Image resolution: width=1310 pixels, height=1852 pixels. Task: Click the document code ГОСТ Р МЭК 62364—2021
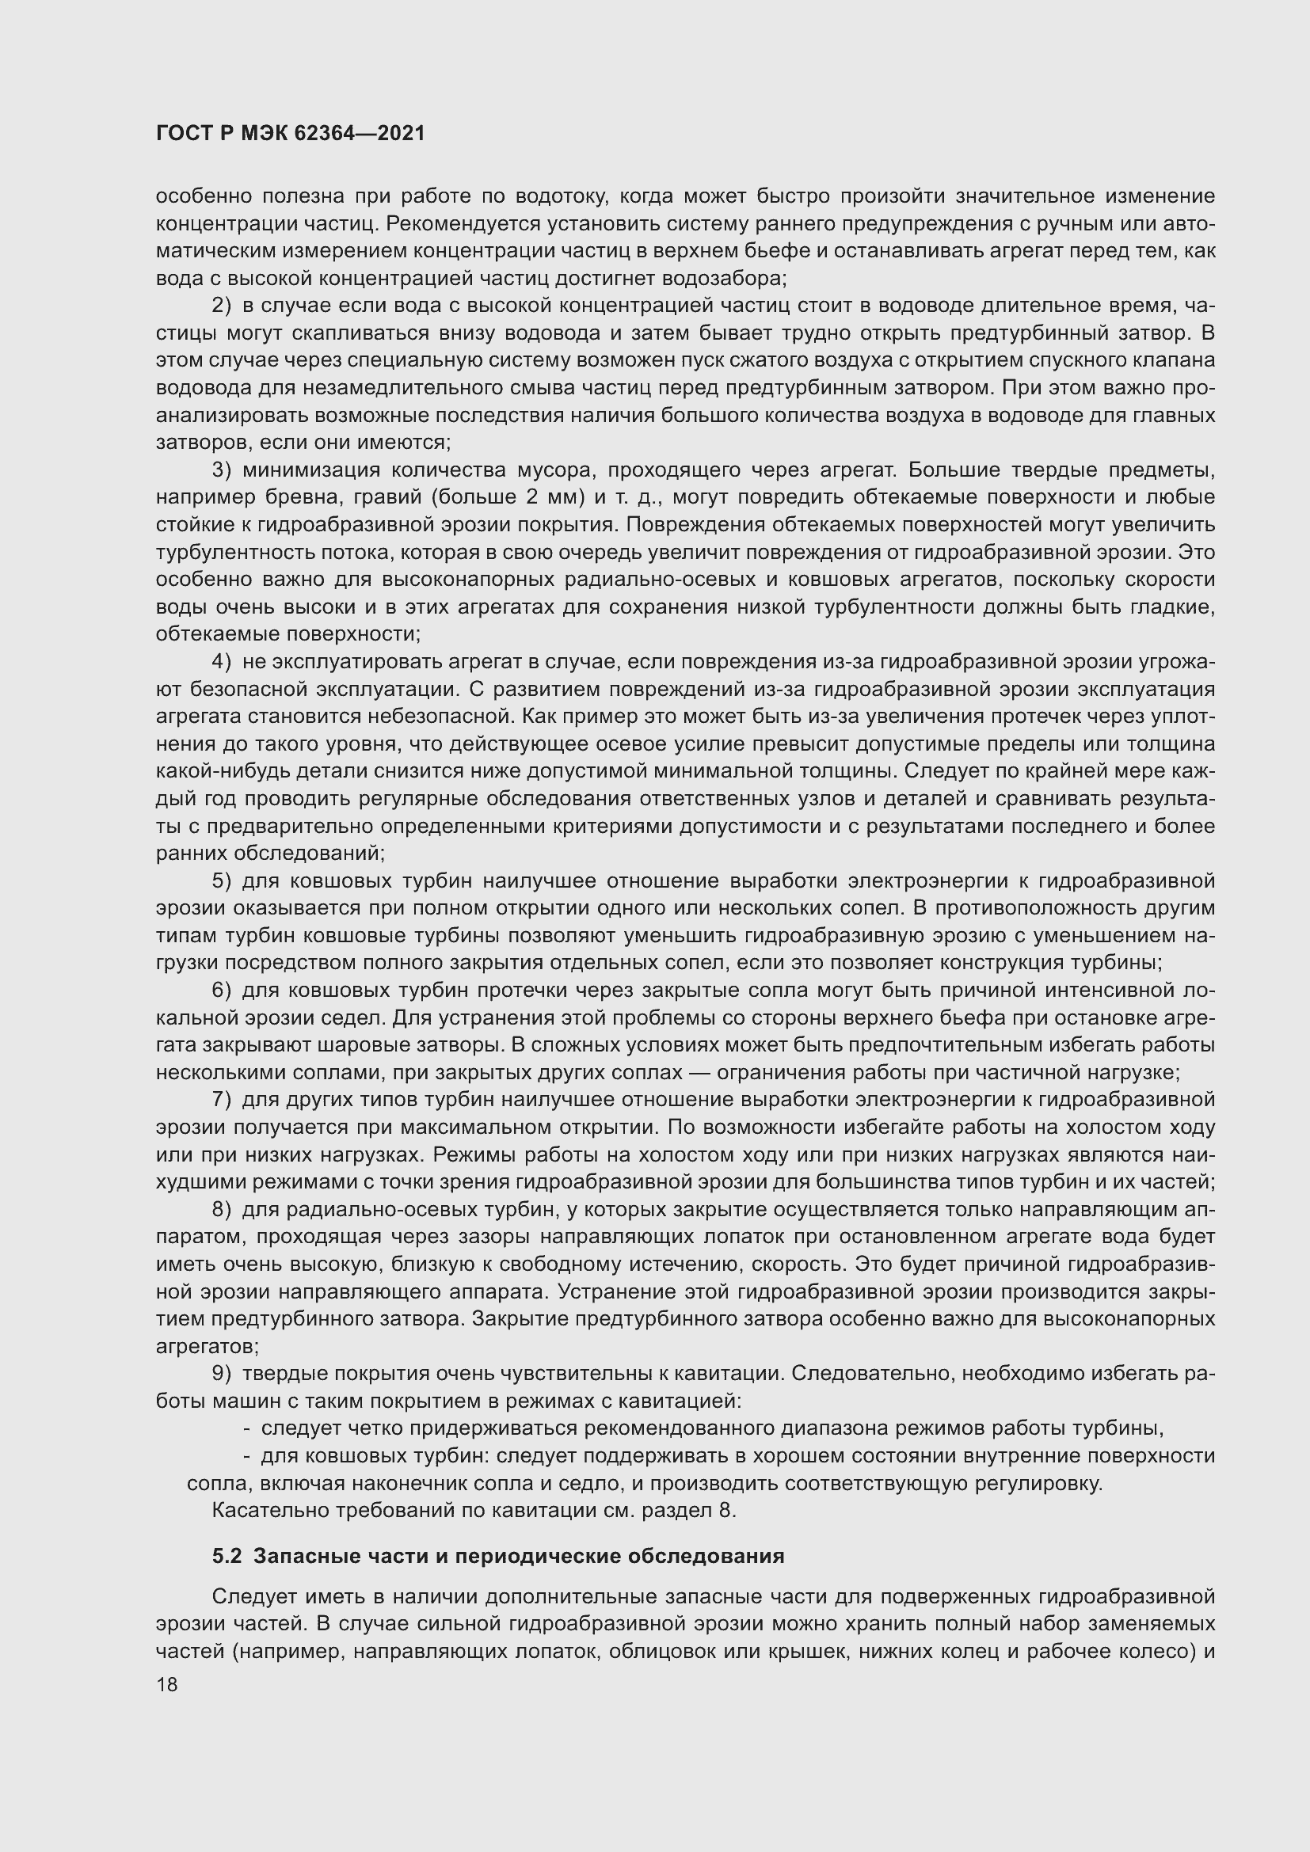click(291, 134)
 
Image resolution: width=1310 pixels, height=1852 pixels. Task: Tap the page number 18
click(167, 1684)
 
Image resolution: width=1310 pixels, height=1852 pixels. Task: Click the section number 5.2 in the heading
click(227, 1556)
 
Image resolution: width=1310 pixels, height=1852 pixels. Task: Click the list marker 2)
click(221, 306)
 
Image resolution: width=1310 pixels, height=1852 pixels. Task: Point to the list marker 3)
click(221, 470)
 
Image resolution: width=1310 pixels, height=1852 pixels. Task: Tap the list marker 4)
click(221, 662)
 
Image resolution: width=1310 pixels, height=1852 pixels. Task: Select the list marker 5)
click(221, 881)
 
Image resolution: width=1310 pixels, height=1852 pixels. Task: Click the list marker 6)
click(221, 991)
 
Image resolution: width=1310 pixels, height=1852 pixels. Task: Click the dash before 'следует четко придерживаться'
click(247, 1429)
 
